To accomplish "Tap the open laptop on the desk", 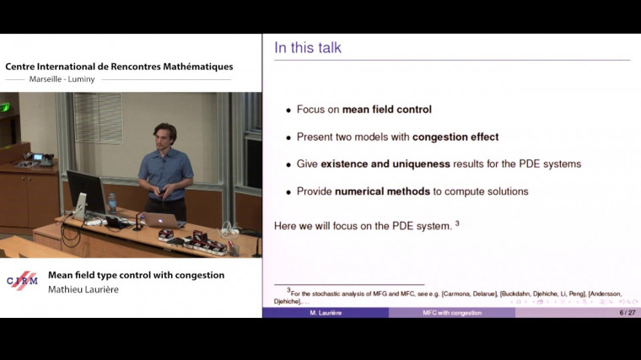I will point(162,219).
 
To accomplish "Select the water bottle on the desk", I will point(112,202).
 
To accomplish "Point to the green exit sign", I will point(5,107).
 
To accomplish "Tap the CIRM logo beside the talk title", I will point(22,281).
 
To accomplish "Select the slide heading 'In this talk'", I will point(307,48).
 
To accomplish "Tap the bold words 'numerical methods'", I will point(382,191).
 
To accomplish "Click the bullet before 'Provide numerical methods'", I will point(288,191).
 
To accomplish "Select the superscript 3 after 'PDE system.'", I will point(457,223).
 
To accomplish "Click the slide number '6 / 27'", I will point(627,313).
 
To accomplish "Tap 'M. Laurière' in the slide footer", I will point(325,313).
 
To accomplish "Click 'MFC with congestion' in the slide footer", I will point(452,313).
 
